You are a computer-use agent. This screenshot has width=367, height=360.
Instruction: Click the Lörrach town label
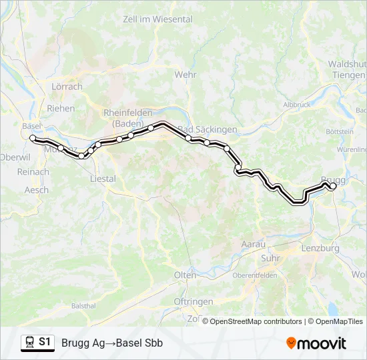[x=67, y=87]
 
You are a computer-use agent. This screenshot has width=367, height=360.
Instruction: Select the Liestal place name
[x=103, y=179]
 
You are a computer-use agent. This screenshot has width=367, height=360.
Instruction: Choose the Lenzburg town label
[x=325, y=248]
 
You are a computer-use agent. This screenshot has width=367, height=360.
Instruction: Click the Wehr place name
[x=186, y=75]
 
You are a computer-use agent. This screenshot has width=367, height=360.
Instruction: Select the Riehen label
[x=61, y=108]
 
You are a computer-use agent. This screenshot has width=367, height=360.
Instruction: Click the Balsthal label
[x=83, y=306]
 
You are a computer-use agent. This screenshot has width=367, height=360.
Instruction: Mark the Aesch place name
[x=36, y=190]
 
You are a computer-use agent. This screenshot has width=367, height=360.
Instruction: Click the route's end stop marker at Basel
[x=33, y=137]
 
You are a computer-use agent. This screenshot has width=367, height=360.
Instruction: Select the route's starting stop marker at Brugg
[x=333, y=187]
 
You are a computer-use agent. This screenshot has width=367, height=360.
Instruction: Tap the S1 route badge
[x=45, y=342]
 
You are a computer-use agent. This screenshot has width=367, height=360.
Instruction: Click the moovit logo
[x=316, y=343]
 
